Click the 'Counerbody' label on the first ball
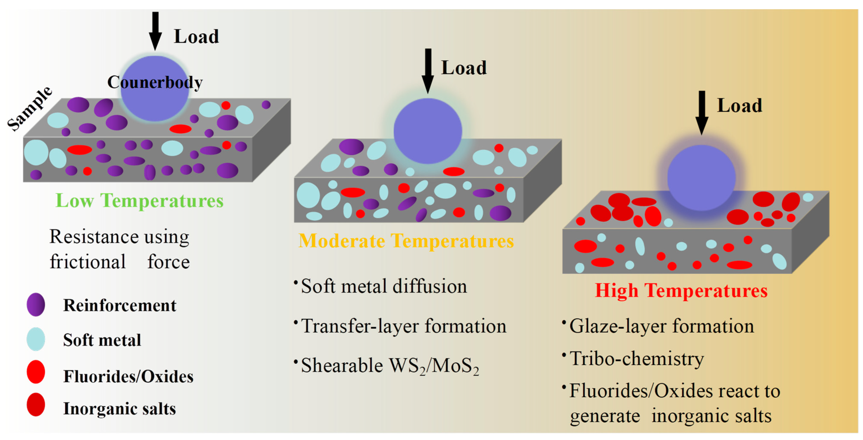(155, 82)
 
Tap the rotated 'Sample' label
(30, 109)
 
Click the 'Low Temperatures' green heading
(139, 201)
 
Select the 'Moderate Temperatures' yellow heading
(406, 241)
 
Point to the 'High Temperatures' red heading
(681, 291)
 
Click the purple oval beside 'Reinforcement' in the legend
(36, 305)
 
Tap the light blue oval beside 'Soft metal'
(36, 339)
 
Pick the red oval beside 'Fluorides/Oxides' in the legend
(36, 372)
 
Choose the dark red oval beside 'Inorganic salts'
(36, 404)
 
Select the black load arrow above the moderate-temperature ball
(427, 70)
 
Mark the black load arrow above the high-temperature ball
(702, 112)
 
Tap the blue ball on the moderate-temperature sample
(427, 131)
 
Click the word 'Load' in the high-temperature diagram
(739, 106)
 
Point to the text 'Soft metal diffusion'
(384, 287)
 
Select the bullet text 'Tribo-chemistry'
(637, 359)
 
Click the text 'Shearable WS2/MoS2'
(390, 366)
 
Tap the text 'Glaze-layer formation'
(662, 326)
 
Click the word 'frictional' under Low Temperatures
(88, 262)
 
